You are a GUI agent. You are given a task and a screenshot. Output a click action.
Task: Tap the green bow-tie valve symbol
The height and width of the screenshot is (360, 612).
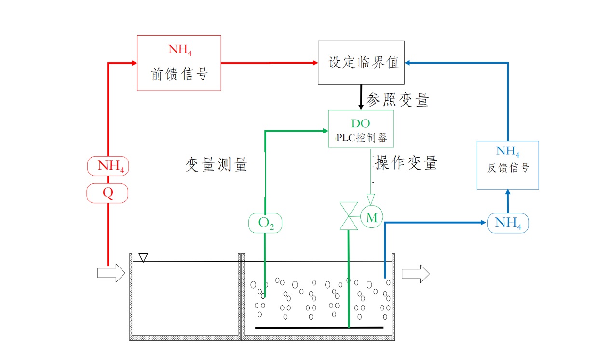(x=349, y=216)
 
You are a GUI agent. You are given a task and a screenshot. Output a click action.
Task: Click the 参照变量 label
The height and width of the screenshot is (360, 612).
(x=397, y=99)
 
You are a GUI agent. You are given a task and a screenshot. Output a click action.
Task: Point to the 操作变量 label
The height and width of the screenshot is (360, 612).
(x=406, y=163)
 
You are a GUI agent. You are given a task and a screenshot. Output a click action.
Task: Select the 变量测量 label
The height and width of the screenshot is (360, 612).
(x=217, y=165)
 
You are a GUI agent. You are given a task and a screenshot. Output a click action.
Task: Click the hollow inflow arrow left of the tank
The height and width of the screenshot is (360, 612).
(x=111, y=273)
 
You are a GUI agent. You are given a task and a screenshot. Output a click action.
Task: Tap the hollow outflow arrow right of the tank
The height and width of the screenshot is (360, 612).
(x=416, y=274)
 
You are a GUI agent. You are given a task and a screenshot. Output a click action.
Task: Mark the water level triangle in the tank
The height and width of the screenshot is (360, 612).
(x=143, y=258)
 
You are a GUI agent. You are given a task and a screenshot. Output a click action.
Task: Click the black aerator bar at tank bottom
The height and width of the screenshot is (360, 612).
(x=319, y=328)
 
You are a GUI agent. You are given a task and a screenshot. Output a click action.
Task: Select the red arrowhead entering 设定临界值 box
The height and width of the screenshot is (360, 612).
(x=315, y=63)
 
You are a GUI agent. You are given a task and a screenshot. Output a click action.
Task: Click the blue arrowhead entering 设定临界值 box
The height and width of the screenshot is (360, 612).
(x=408, y=63)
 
